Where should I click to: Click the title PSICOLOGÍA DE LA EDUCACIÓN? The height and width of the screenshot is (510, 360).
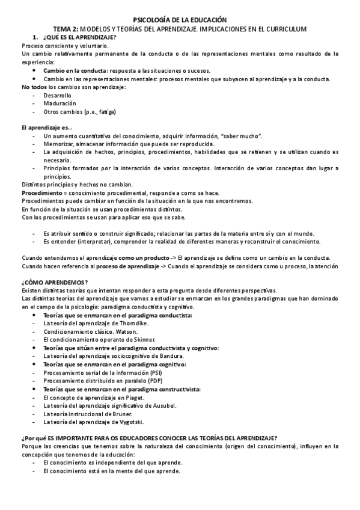(x=180, y=20)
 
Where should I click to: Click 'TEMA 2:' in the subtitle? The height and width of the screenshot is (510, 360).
(x=66, y=29)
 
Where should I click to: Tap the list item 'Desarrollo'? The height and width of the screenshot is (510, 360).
(x=58, y=96)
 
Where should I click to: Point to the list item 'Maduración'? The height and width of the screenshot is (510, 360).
(x=59, y=103)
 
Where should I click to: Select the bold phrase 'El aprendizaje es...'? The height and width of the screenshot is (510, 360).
(x=46, y=128)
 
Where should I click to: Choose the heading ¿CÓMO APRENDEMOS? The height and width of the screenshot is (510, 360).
(x=55, y=283)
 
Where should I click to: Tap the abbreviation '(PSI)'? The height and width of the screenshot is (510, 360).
(x=154, y=373)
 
